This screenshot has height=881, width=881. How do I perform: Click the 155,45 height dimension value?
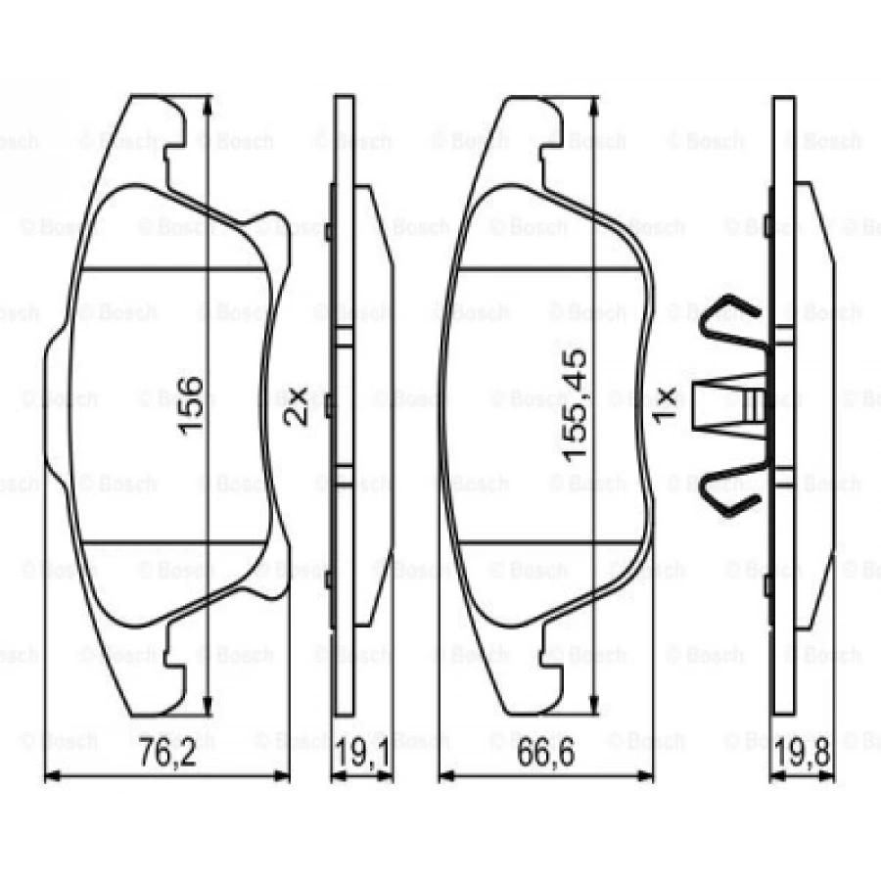(576, 404)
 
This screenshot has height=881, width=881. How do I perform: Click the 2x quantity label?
(295, 403)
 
